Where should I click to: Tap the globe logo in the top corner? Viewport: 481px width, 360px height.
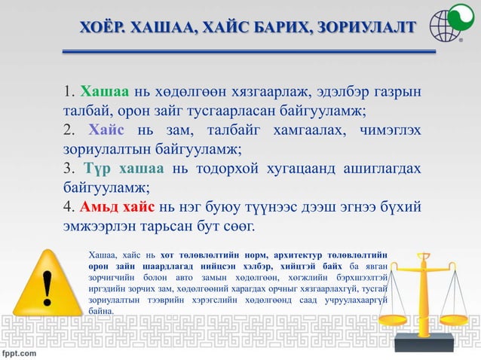(x=447, y=26)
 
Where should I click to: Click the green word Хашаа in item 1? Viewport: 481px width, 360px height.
(x=105, y=93)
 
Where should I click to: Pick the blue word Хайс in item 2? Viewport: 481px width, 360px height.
(x=106, y=130)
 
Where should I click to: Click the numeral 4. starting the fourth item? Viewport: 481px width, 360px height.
(x=69, y=206)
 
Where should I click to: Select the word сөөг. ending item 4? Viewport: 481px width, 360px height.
(x=237, y=224)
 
